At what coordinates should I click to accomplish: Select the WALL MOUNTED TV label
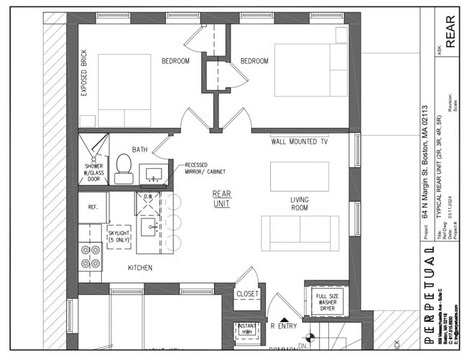point(300,142)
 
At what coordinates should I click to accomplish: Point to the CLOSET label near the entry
point(247,294)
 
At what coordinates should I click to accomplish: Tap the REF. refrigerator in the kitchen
point(93,208)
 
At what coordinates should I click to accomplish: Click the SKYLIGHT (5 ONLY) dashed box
point(119,236)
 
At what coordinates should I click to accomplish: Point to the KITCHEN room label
point(140,268)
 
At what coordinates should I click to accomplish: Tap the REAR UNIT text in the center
point(221,199)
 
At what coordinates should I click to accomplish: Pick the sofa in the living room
point(300,231)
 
